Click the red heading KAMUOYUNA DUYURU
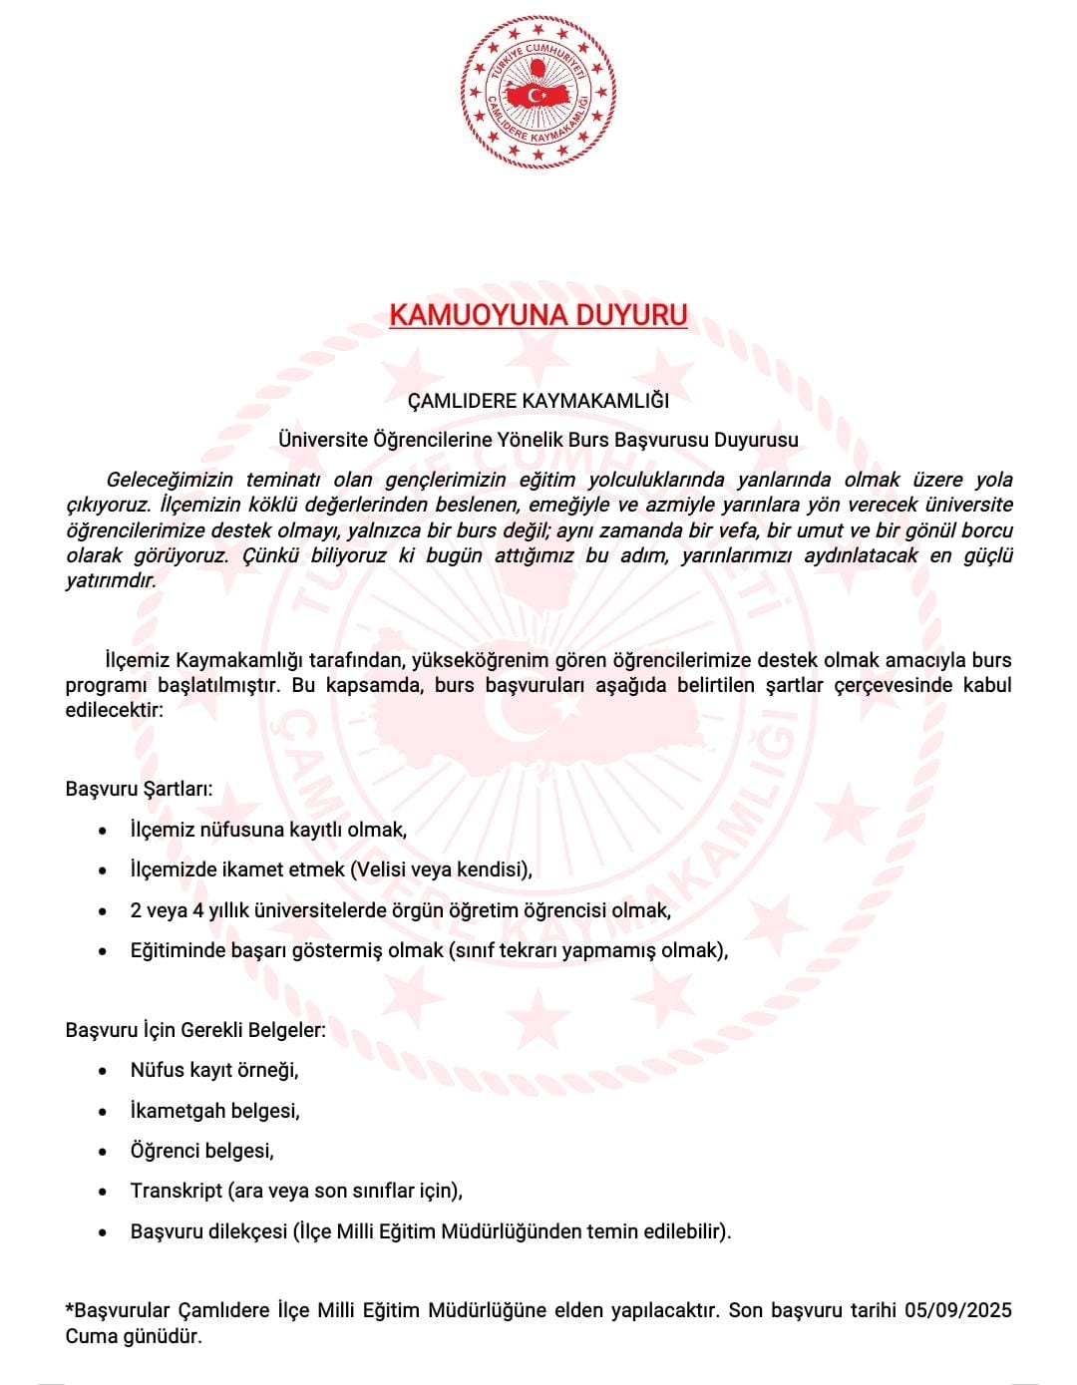pyautogui.click(x=538, y=315)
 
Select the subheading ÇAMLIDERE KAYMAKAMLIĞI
pyautogui.click(x=538, y=401)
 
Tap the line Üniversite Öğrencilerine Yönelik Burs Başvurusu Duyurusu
pyautogui.click(x=538, y=440)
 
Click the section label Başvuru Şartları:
pyautogui.click(x=139, y=789)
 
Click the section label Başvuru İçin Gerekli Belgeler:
pyautogui.click(x=195, y=1030)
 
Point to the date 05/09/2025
pyautogui.click(x=958, y=1310)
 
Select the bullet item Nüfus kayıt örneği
pyautogui.click(x=214, y=1070)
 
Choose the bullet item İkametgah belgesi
pyautogui.click(x=214, y=1111)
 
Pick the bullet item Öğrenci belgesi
pyautogui.click(x=201, y=1151)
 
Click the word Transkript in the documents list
pyautogui.click(x=176, y=1191)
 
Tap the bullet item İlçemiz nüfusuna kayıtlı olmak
pyautogui.click(x=268, y=830)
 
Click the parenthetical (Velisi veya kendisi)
pyautogui.click(x=441, y=869)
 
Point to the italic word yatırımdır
pyautogui.click(x=111, y=581)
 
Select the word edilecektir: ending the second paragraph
pyautogui.click(x=114, y=710)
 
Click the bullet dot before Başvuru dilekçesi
pyautogui.click(x=103, y=1232)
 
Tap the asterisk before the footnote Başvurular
pyautogui.click(x=70, y=1308)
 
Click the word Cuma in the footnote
pyautogui.click(x=88, y=1336)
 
